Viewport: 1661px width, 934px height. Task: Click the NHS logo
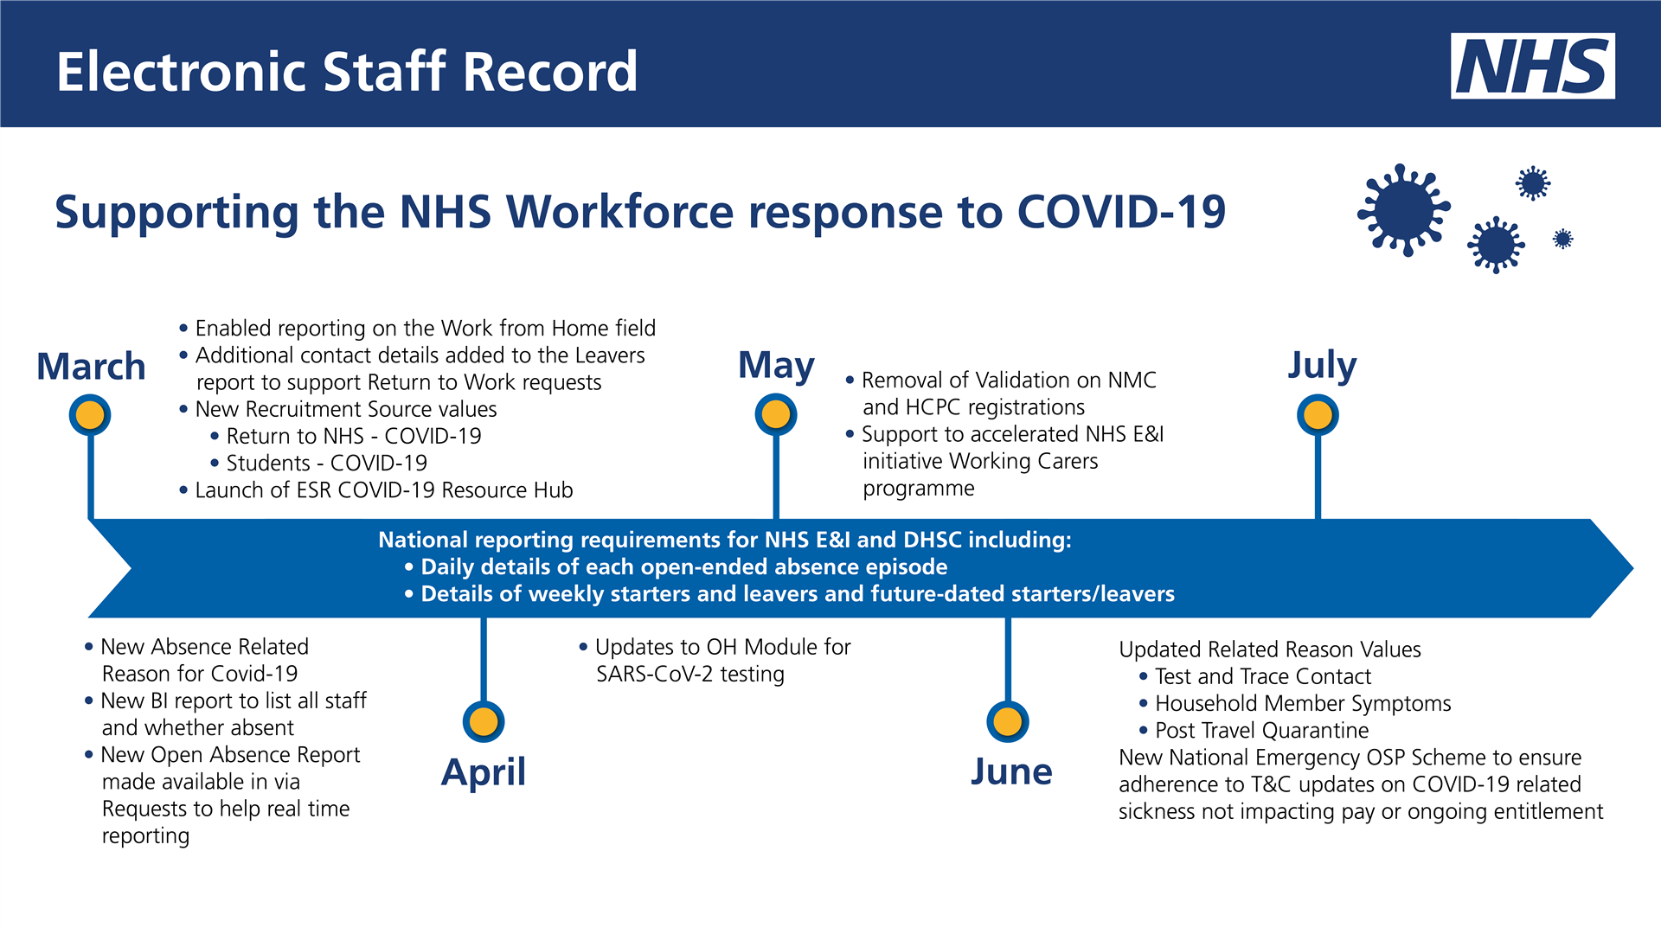[1532, 66]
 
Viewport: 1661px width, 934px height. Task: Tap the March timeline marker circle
[90, 415]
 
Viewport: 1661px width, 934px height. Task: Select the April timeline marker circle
[483, 721]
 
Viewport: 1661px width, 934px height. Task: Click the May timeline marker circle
[775, 415]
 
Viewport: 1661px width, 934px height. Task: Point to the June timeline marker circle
[1007, 721]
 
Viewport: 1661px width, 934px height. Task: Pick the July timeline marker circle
[1317, 415]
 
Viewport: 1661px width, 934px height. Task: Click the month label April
[483, 771]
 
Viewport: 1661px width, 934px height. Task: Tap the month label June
[1010, 771]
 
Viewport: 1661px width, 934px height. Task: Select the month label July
[1322, 365]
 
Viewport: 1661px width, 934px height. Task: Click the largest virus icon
[1403, 210]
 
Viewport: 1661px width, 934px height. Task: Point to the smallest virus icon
[1562, 239]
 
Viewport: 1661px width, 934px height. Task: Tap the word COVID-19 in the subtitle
[1121, 212]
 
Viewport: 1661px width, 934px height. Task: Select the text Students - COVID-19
[326, 464]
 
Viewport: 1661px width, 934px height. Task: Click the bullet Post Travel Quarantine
[1261, 731]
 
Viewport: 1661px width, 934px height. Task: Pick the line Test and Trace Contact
[1262, 676]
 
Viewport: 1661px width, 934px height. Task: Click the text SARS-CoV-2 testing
[689, 674]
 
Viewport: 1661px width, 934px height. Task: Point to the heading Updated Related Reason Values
[1269, 649]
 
